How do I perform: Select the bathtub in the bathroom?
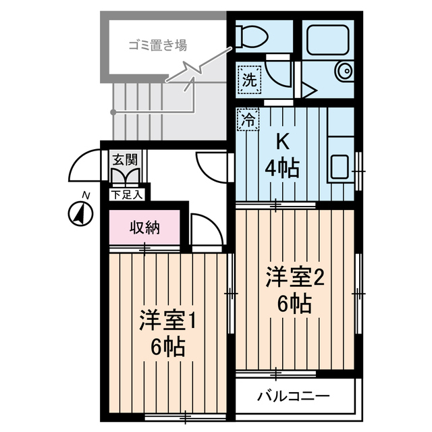tap(327, 40)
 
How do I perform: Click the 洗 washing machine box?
tap(249, 79)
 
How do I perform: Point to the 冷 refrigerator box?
tap(248, 121)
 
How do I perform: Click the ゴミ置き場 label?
tap(159, 47)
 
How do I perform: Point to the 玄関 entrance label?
tap(125, 160)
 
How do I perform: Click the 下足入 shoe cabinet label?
tap(127, 195)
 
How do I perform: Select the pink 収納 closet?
tap(144, 228)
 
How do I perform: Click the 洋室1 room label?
tap(168, 320)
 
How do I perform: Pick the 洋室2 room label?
tap(294, 277)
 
